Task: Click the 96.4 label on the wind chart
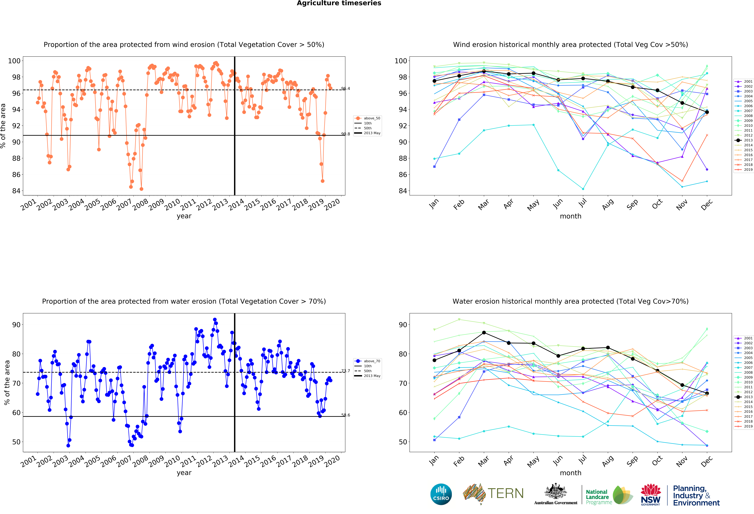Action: tap(346, 89)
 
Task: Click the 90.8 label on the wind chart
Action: tap(346, 134)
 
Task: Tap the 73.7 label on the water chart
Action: tap(346, 371)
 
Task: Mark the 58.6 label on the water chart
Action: tap(346, 415)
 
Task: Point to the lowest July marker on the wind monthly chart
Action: tap(583, 189)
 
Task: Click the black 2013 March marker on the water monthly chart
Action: tap(484, 333)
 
